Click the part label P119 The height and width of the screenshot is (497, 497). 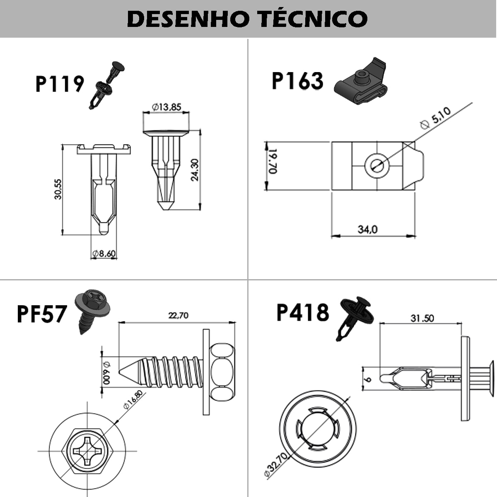coord(60,84)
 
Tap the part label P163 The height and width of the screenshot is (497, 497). coord(297,81)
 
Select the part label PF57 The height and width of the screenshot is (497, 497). coord(41,314)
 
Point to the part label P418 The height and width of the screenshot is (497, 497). coord(302,312)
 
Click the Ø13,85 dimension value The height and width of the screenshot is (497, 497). coord(166,107)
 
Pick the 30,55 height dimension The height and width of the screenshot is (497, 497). coord(58,189)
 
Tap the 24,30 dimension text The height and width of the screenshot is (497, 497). coord(195,169)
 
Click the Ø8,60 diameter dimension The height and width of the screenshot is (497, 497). coord(104,253)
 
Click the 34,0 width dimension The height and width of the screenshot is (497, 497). coord(367,229)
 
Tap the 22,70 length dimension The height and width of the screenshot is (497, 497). coord(178,316)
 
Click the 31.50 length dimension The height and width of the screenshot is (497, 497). coord(422,318)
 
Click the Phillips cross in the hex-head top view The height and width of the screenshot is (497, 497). coord(87,450)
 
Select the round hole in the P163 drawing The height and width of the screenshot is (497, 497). coord(376,165)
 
